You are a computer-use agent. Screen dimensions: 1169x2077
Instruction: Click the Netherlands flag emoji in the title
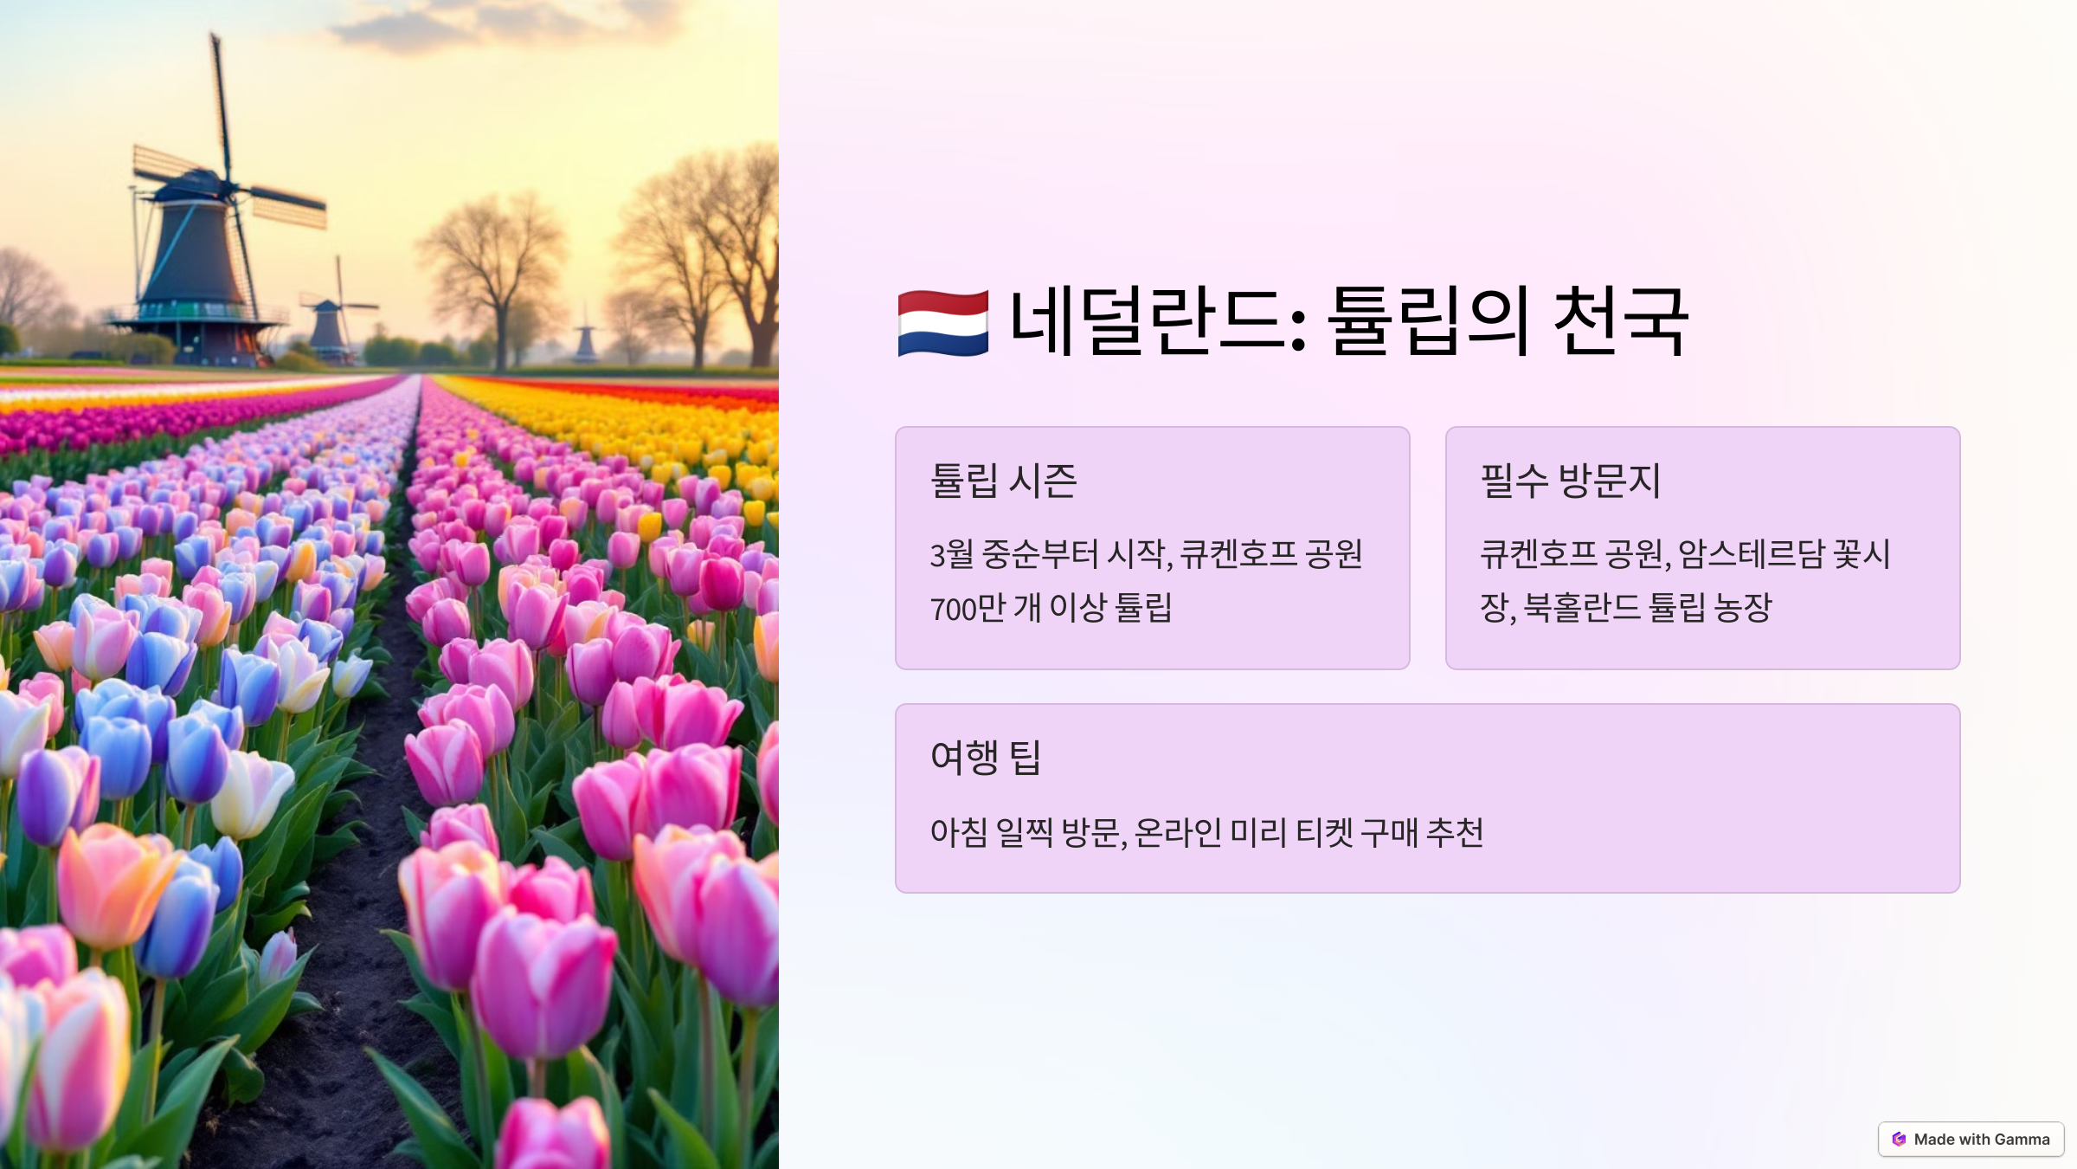tap(942, 323)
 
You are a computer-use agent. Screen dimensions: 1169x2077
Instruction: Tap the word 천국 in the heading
tap(1620, 321)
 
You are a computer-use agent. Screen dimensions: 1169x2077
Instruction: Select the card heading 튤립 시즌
tap(1003, 481)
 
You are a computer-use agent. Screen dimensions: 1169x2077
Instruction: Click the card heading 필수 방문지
tap(1570, 481)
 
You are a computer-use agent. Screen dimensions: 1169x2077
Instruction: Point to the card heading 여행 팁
tap(985, 757)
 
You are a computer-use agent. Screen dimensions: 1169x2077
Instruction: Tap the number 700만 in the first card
tap(968, 609)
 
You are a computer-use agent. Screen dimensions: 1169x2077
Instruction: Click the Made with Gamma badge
tap(1971, 1139)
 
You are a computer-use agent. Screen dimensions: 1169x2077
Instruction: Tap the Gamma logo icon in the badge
tap(1899, 1139)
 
